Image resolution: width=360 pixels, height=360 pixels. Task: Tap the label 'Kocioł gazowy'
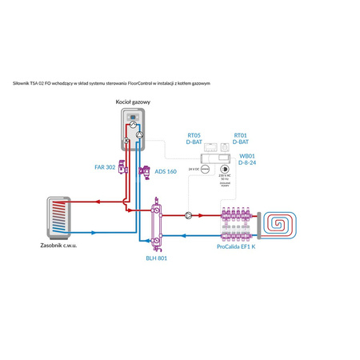[134, 103]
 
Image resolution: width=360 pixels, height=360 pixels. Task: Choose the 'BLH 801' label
[157, 258]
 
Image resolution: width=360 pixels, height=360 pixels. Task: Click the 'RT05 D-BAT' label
[195, 138]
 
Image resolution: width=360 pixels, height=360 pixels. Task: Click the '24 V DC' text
[194, 170]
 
